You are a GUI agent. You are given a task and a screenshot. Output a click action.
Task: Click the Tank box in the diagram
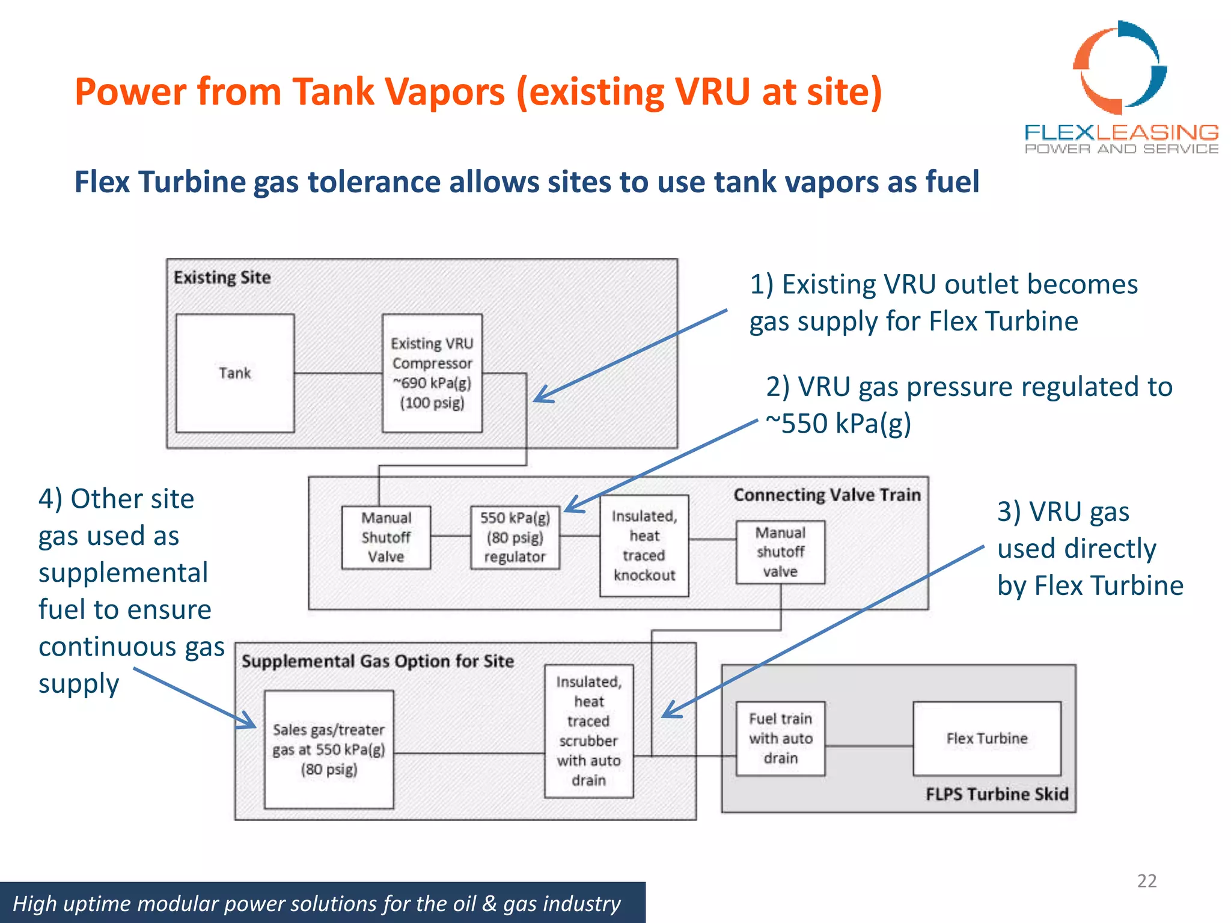click(235, 373)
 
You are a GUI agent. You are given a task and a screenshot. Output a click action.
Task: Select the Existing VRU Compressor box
click(432, 373)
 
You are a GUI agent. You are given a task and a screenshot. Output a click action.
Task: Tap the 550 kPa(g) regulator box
click(515, 537)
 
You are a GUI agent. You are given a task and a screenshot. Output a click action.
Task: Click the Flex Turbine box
click(987, 739)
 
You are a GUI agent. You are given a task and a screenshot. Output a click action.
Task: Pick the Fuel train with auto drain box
click(780, 739)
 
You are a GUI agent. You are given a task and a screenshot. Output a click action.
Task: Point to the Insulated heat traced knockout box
click(644, 546)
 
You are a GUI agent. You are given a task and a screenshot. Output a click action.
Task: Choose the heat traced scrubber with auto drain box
click(588, 731)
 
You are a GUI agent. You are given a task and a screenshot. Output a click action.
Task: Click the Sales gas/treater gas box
click(329, 749)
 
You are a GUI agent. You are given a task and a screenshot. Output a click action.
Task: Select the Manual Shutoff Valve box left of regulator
click(386, 537)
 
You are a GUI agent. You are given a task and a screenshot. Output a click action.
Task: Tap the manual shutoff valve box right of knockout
click(780, 552)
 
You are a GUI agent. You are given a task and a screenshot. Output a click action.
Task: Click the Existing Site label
click(222, 278)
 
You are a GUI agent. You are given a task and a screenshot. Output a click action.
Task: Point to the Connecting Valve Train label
click(827, 495)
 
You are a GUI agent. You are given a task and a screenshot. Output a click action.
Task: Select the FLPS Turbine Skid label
click(997, 794)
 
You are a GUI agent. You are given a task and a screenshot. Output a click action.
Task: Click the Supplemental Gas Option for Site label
click(377, 662)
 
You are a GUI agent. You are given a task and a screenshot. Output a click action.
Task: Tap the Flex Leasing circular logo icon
click(1119, 67)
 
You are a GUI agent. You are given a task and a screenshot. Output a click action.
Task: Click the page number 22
click(1146, 881)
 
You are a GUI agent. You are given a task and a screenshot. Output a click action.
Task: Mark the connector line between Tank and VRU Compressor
click(338, 374)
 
